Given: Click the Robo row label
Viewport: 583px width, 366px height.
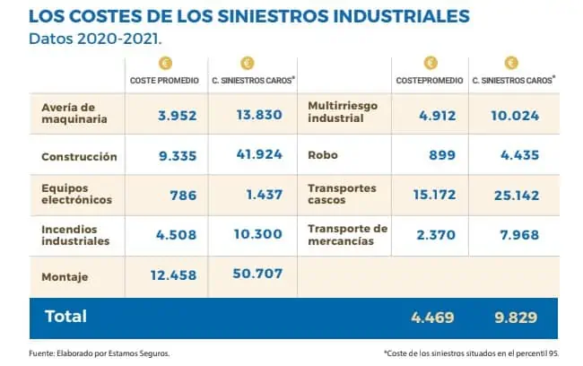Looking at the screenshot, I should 322,155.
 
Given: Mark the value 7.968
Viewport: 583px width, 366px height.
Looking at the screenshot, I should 518,234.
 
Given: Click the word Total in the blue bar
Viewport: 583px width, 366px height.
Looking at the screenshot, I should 65,316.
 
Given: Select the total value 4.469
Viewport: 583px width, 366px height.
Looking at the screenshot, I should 431,317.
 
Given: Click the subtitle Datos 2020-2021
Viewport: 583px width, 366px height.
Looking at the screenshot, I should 83,40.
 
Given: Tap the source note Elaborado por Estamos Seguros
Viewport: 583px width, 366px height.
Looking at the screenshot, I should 88,353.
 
